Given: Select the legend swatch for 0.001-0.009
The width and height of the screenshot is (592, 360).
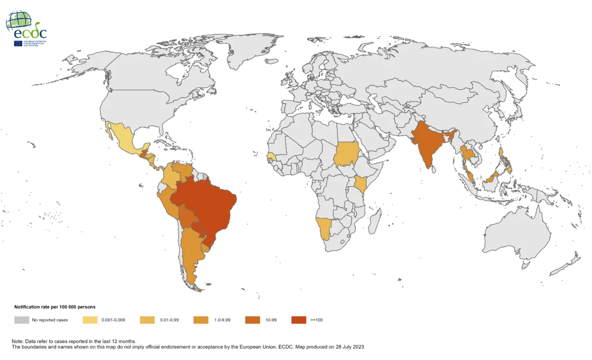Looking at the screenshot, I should pos(90,320).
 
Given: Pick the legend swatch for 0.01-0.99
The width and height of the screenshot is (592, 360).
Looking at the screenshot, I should pos(147,320).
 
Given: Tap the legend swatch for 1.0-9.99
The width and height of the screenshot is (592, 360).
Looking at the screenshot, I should pos(201,320).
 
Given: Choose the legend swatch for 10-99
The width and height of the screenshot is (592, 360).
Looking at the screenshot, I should pos(253,320).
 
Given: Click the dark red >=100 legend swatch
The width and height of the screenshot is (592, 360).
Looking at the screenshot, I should pos(299,320).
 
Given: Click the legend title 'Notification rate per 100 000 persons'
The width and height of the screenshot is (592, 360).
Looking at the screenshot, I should pos(55,307).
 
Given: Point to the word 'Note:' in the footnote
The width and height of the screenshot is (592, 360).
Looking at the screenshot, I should pos(18,341).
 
